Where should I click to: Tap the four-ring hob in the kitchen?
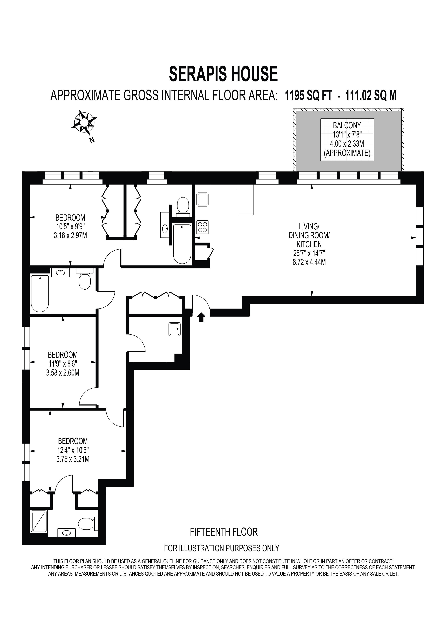pos(203,227)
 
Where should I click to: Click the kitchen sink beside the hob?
pos(203,199)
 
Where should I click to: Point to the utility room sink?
pos(174,329)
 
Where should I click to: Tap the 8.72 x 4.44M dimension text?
pos(309,262)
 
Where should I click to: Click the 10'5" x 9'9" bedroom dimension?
pos(70,227)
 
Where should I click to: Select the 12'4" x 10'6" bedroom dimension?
pos(73,450)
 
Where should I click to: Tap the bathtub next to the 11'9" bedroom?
pos(40,293)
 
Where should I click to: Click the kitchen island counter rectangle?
pos(245,199)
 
